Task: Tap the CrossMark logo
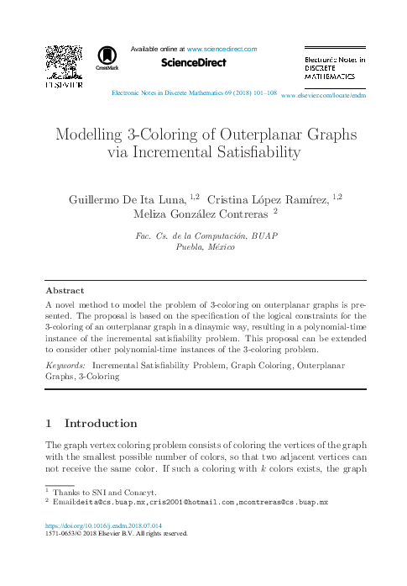click(x=107, y=56)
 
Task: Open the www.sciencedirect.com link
click(x=222, y=50)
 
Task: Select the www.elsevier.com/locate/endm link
click(x=324, y=97)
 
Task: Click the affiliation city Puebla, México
click(x=205, y=248)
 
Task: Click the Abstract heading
click(x=64, y=289)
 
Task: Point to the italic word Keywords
click(x=65, y=367)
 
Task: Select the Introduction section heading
click(x=101, y=424)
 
